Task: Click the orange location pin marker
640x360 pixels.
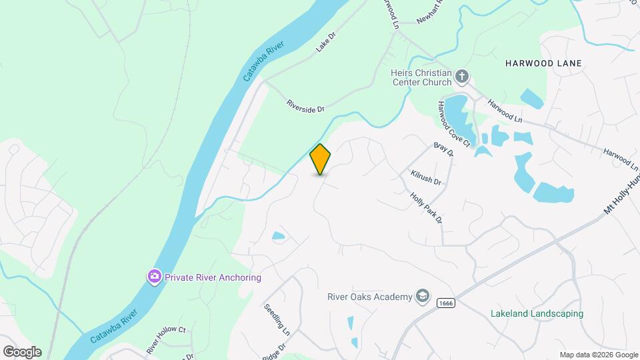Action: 321,159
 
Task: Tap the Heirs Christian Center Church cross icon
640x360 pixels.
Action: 462,77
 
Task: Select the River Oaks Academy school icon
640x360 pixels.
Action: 422,296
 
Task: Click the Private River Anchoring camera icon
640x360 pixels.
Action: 155,277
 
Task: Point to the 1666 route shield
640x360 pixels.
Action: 446,303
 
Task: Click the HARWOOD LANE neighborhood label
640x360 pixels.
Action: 543,63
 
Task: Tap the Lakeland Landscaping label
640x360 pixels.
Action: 537,313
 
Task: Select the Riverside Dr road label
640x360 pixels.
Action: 305,105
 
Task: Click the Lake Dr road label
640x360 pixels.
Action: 325,45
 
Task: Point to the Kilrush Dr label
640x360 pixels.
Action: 426,178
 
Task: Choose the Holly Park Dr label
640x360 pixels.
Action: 427,208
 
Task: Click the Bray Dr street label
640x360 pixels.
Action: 443,149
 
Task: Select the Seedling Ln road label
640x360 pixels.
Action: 277,321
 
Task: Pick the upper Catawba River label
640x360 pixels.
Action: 263,61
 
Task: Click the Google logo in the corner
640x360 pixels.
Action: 22,352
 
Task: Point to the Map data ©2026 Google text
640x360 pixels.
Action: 599,355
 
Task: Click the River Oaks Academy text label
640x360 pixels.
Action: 369,297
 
